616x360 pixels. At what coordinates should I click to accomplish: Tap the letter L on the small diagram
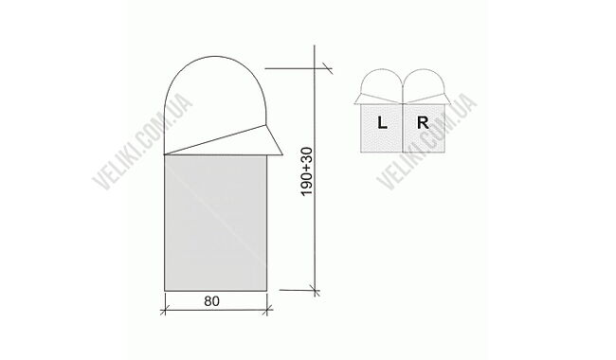click(381, 122)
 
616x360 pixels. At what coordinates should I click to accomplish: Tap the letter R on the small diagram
click(424, 122)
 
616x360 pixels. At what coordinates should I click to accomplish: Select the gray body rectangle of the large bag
click(216, 223)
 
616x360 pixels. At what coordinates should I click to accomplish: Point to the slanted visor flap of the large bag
click(227, 140)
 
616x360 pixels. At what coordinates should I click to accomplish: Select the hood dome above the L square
click(381, 82)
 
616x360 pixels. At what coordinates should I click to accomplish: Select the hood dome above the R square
click(424, 82)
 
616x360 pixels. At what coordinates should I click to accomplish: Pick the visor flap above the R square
click(428, 98)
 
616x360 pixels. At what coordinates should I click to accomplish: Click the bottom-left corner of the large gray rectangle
click(166, 289)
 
